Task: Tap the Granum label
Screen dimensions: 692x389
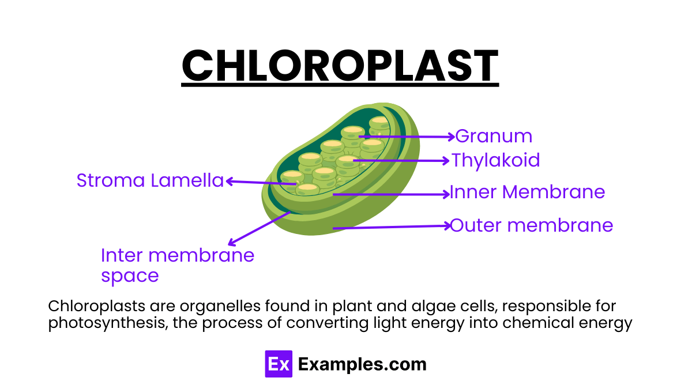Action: (494, 137)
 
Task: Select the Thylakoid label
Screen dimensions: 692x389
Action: (496, 160)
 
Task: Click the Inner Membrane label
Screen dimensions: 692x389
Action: (527, 192)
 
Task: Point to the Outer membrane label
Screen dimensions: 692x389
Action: (531, 225)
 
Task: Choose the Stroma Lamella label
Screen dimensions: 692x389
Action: (150, 181)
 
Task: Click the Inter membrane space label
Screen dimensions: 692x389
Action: (177, 265)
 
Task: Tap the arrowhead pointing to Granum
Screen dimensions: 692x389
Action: (452, 137)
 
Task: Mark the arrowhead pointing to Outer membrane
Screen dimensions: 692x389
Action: (447, 226)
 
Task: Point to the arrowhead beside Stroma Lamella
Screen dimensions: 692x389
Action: (229, 182)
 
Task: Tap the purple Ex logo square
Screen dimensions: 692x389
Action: (279, 364)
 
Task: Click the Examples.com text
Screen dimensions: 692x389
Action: (363, 364)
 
